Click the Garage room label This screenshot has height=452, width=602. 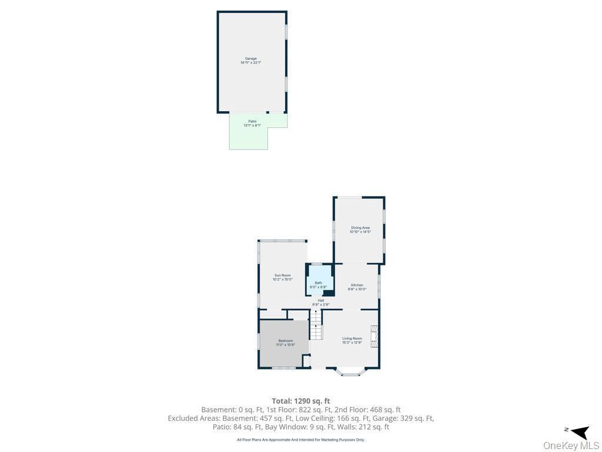point(250,60)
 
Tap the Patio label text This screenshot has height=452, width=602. point(252,123)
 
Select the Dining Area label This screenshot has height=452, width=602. point(360,230)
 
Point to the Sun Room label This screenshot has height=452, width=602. point(282,277)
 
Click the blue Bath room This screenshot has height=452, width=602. point(319,279)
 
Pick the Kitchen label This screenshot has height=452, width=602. point(357,287)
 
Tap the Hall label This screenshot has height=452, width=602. point(321,303)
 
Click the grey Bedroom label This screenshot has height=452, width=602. point(285,343)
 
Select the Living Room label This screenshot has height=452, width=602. point(352,340)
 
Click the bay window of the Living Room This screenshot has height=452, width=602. point(350,372)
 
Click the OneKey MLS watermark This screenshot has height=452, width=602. point(571,446)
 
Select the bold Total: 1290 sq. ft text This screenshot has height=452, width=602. point(300,401)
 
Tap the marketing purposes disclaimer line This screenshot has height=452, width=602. point(300,440)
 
